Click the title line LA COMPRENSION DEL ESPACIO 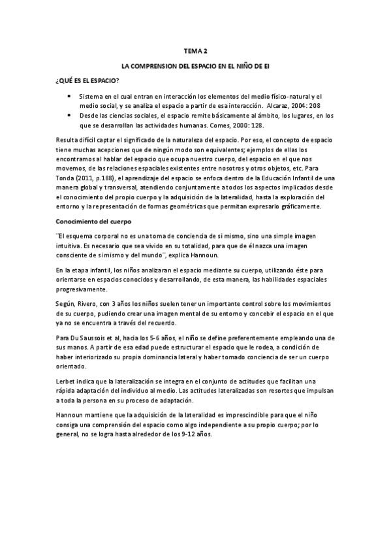pos(195,66)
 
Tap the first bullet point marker pos(70,97)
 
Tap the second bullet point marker pos(70,115)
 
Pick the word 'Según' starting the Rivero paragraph pos(65,305)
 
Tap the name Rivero pos(91,305)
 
